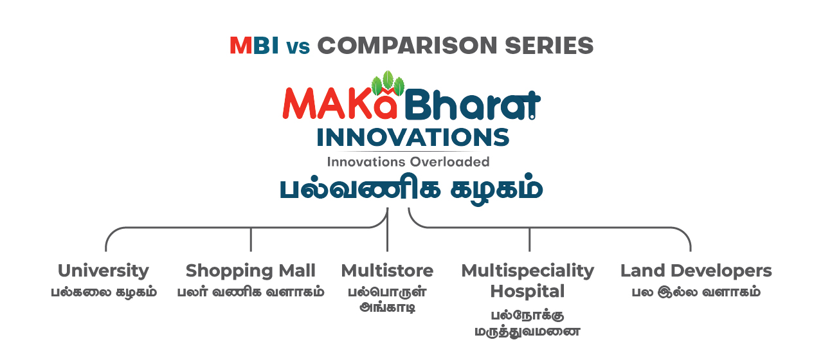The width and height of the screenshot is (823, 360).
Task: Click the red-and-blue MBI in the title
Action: tap(254, 46)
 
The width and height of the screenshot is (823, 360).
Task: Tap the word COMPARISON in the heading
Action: tap(407, 46)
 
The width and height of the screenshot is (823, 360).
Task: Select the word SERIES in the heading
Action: tap(549, 46)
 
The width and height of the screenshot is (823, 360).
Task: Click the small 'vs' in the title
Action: tap(298, 48)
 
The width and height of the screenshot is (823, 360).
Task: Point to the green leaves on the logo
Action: tap(388, 83)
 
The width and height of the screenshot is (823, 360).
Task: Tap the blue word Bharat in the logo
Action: tap(473, 104)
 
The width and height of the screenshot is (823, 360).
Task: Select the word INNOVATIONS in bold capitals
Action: tap(413, 138)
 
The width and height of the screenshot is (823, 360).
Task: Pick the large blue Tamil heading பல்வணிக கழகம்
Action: tap(411, 188)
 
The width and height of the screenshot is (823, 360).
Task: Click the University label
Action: tap(104, 271)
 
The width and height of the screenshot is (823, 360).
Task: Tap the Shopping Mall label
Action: tap(251, 271)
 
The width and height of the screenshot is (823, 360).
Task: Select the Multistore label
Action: tap(387, 271)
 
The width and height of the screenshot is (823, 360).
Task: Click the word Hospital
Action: tap(528, 292)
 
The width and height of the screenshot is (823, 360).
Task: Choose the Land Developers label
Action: tap(696, 271)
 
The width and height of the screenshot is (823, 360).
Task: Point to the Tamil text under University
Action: tap(104, 292)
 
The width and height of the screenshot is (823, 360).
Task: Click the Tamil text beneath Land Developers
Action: tap(696, 292)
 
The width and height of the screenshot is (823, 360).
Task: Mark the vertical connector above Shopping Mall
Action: tap(251, 240)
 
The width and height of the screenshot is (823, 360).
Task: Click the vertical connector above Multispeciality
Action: tap(529, 240)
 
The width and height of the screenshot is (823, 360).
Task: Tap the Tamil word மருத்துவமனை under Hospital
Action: tap(528, 332)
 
